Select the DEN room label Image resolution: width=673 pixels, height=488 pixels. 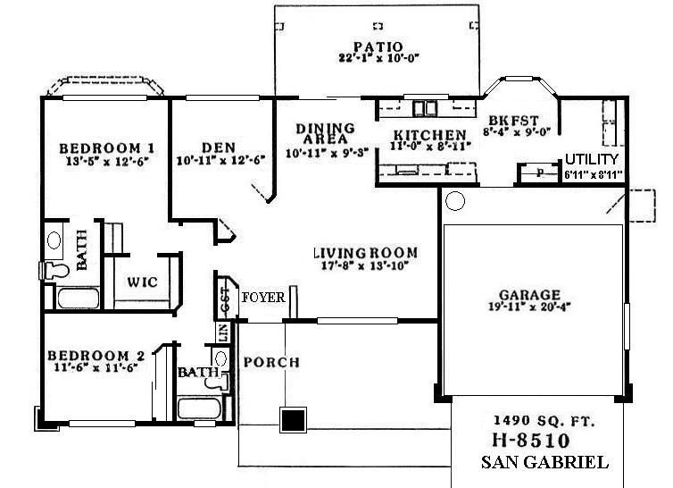218,147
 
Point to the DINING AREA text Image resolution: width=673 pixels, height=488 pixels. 325,134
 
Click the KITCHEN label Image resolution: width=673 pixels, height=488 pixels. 425,136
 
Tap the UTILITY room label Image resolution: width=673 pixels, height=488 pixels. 591,159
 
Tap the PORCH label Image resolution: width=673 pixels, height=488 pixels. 270,362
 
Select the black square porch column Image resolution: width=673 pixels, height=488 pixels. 293,420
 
